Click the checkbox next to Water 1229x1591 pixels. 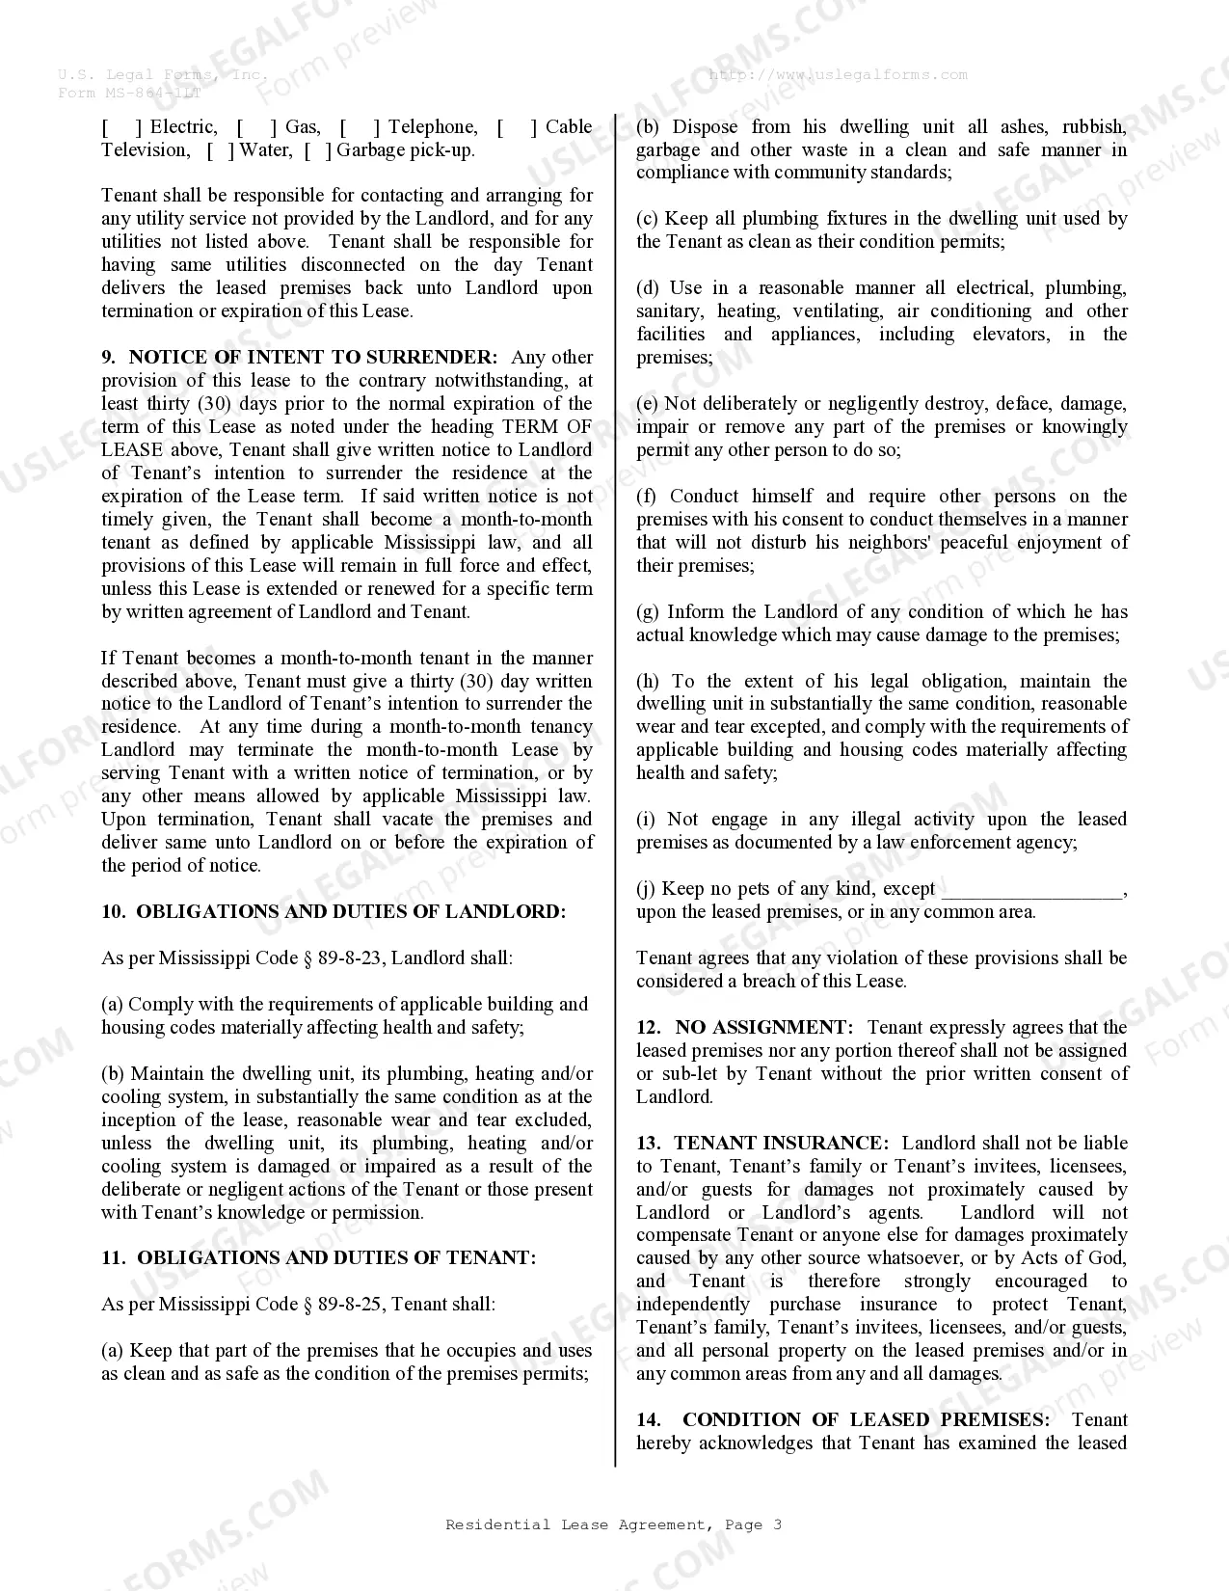(x=221, y=150)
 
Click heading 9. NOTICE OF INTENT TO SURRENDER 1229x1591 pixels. (x=300, y=358)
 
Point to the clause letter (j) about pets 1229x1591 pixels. (x=646, y=889)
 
